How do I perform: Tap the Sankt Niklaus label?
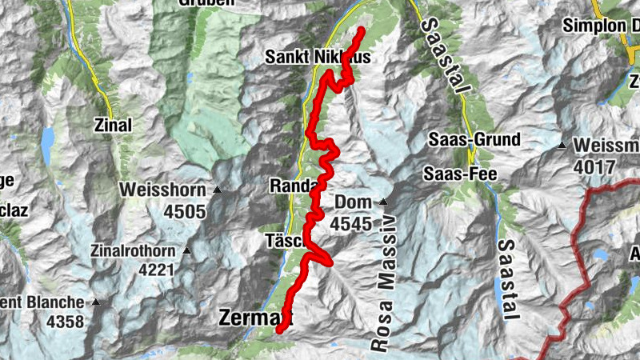point(307,58)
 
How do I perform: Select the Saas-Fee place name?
point(460,174)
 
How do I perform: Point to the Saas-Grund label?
point(473,139)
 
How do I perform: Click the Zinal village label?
point(113,125)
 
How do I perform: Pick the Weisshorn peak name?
point(165,190)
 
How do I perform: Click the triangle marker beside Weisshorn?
point(217,190)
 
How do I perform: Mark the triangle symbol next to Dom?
point(383,202)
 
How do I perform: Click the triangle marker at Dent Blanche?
point(97,302)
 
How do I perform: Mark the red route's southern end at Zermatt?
point(279,329)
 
